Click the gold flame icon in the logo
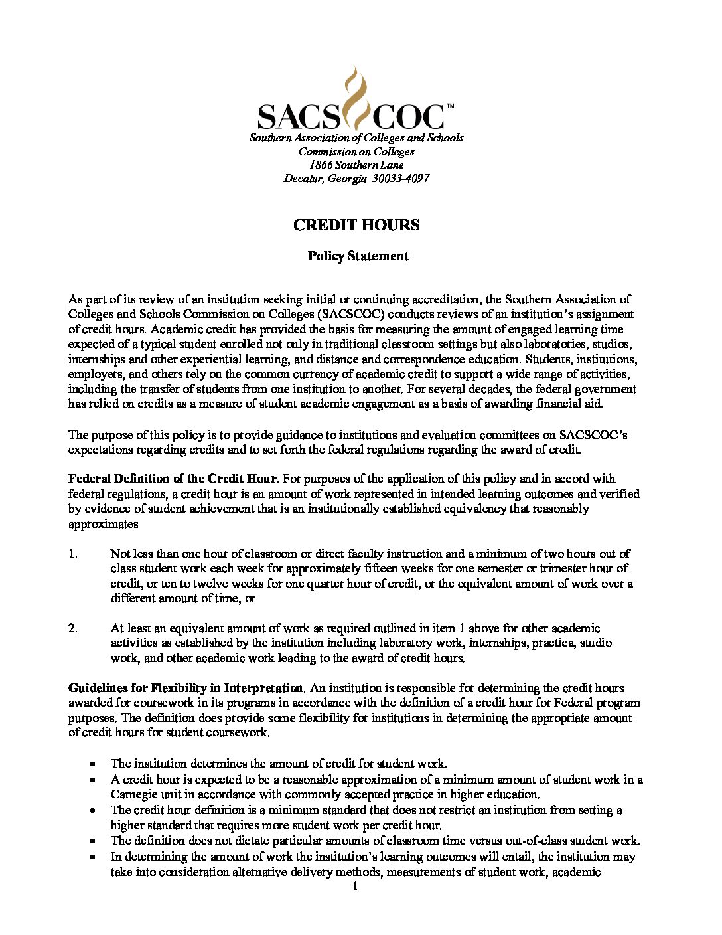click(x=356, y=98)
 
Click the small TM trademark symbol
click(x=450, y=106)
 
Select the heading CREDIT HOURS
click(x=356, y=225)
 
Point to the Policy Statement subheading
click(x=358, y=256)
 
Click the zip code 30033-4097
click(x=401, y=179)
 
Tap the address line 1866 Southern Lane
click(x=356, y=165)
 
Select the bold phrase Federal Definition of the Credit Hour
click(x=172, y=479)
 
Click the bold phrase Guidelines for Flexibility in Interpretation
click(x=186, y=688)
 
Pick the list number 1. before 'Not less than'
click(x=73, y=554)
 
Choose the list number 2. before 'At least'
click(x=73, y=628)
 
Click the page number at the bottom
click(x=356, y=887)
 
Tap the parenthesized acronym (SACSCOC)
click(x=351, y=314)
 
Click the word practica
click(x=553, y=643)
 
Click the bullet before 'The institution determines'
click(x=94, y=764)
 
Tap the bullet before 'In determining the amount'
click(x=94, y=857)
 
